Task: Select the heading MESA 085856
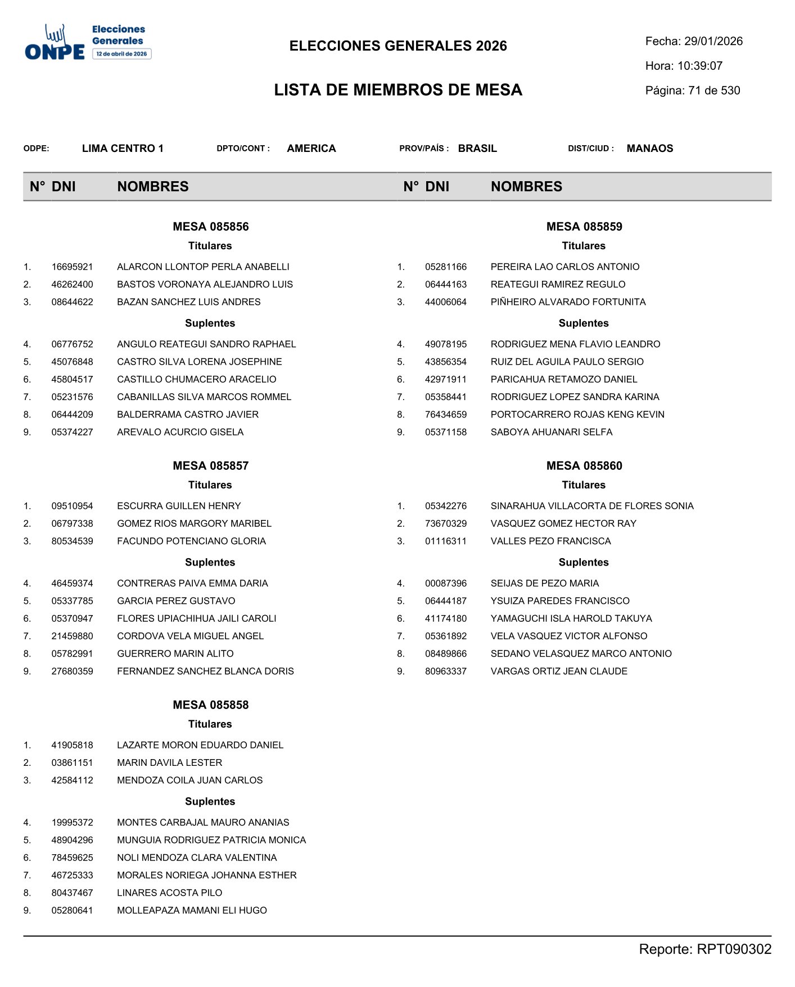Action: coord(210,227)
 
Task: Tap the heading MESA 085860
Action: coord(584,466)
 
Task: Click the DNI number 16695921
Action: coord(72,267)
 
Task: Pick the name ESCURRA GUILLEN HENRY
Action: coord(179,506)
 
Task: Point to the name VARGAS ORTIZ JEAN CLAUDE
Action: coord(559,671)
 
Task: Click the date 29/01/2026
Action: coord(713,41)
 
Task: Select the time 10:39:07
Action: coord(700,66)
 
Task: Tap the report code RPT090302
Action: coord(734,949)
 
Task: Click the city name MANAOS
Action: coord(650,149)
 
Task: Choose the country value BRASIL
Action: coord(477,149)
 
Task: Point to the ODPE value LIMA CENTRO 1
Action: coord(123,149)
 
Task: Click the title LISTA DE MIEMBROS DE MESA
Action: coord(398,90)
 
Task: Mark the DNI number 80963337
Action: coord(446,671)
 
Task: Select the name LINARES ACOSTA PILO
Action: coord(169,893)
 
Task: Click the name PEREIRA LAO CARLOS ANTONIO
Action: coord(565,267)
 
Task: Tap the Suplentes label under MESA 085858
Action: coord(210,801)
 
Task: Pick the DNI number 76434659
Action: coord(446,415)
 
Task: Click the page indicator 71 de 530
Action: coord(714,91)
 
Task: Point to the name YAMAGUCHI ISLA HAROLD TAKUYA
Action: coord(571,618)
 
